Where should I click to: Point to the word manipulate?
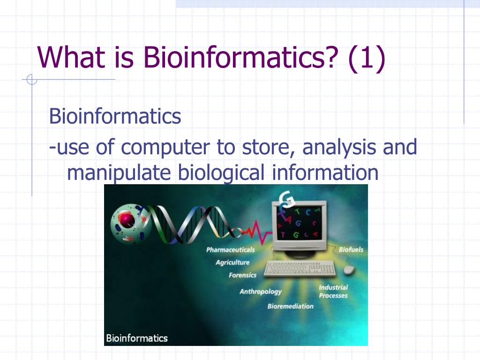click(120, 173)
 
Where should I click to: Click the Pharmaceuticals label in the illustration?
click(230, 250)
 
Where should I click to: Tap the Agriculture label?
click(232, 262)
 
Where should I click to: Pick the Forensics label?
click(242, 275)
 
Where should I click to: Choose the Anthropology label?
click(260, 292)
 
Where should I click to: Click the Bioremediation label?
click(290, 306)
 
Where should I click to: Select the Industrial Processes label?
click(333, 292)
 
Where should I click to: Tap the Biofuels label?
click(351, 250)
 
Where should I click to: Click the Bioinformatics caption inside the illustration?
click(136, 337)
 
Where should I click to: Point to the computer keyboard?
click(300, 269)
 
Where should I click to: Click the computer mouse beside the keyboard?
click(349, 270)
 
